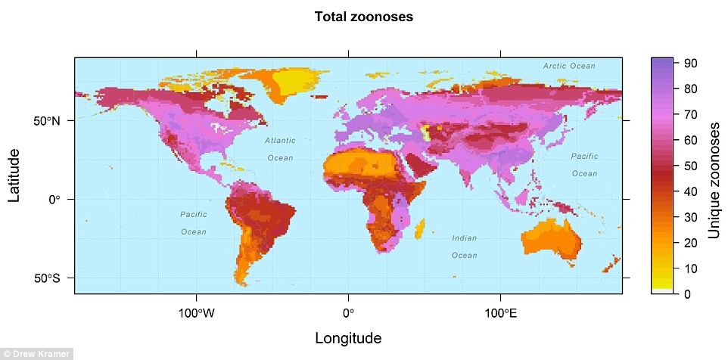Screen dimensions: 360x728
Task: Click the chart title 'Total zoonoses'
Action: [364, 17]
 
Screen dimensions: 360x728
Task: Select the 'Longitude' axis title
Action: [347, 337]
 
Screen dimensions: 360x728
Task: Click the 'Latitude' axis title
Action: [14, 175]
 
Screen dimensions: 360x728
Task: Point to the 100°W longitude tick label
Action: [197, 312]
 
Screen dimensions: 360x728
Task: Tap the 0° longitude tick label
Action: [347, 312]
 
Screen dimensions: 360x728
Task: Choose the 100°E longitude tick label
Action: [499, 312]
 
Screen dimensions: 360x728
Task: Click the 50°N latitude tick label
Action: [47, 120]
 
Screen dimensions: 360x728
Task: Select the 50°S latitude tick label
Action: [47, 278]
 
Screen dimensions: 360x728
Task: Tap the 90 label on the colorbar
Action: [691, 64]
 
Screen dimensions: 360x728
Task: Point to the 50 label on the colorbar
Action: [691, 166]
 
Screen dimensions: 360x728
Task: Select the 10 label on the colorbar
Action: [691, 268]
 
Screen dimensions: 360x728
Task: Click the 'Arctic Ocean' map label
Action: [569, 67]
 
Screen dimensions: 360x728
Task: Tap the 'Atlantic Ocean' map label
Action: [280, 149]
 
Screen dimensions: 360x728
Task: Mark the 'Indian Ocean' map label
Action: [465, 247]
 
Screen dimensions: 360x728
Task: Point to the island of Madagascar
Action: [421, 225]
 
